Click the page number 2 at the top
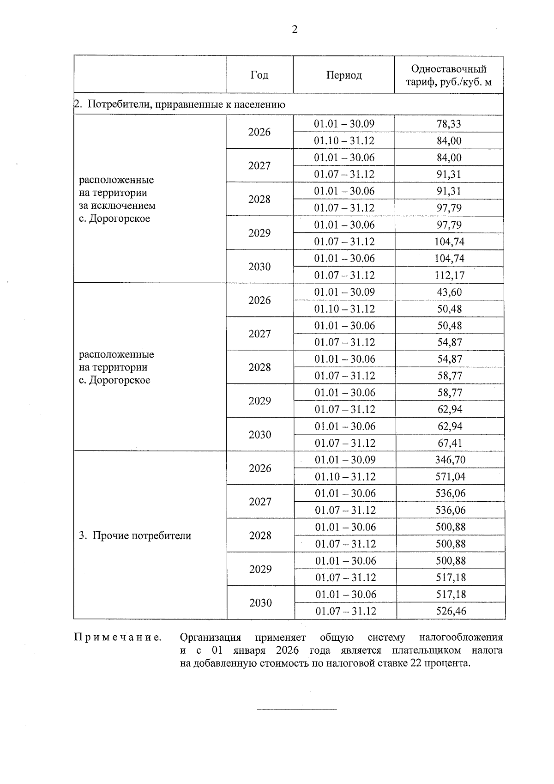tap(295, 30)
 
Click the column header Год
tap(259, 75)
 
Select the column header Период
tap(344, 75)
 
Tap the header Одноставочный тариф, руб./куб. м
tap(449, 75)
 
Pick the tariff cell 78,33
tap(449, 124)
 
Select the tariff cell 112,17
tap(449, 275)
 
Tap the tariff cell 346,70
tap(450, 460)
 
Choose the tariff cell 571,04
tap(450, 477)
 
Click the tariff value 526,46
tap(451, 611)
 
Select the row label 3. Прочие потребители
tap(135, 536)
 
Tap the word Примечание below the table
tap(118, 638)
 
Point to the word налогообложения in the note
tap(460, 638)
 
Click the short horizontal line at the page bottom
tap(297, 709)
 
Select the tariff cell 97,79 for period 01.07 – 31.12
tap(449, 208)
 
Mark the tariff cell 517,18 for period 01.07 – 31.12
tap(451, 577)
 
